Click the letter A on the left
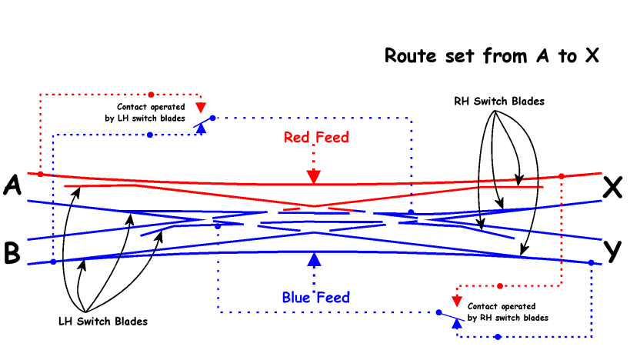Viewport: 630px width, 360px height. click(x=12, y=185)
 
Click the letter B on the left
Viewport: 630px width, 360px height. click(x=12, y=253)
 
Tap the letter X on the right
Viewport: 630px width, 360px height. click(x=612, y=188)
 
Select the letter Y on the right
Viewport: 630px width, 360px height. click(x=612, y=251)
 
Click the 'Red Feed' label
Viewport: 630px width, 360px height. click(x=316, y=138)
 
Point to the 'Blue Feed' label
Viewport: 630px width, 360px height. click(x=315, y=297)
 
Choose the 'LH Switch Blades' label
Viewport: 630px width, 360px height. click(x=102, y=320)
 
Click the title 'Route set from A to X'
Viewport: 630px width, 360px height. click(x=492, y=56)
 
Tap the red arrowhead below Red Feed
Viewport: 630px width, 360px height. click(x=313, y=177)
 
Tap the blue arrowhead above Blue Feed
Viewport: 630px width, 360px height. click(x=313, y=259)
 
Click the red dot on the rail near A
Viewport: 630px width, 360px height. click(x=40, y=175)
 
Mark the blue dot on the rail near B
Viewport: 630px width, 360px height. click(x=53, y=262)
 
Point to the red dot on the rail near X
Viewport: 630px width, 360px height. click(x=562, y=177)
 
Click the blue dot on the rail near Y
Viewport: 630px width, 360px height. click(x=591, y=263)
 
